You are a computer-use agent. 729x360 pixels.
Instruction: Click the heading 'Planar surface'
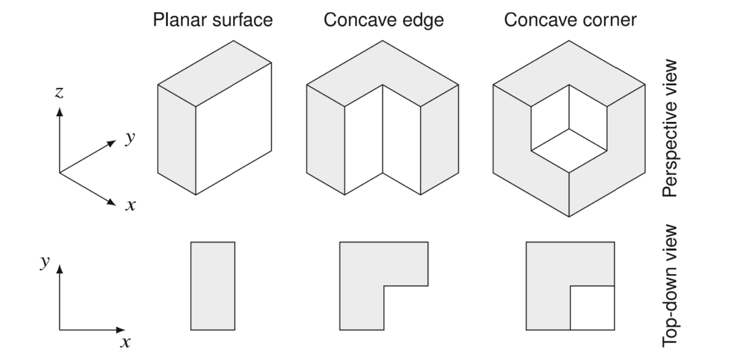coord(213,21)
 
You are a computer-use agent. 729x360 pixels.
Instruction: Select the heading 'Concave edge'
coord(381,21)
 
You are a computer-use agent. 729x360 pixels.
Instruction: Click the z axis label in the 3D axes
coord(59,94)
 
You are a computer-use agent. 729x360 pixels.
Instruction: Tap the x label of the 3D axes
coord(130,205)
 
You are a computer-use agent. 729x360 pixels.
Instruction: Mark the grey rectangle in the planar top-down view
coord(212,286)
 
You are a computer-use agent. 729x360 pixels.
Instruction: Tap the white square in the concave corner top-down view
coord(592,308)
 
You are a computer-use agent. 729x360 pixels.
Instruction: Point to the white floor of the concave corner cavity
coord(569,150)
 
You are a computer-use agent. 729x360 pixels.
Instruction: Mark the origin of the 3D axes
coord(60,173)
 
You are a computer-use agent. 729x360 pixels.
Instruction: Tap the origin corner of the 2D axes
coord(60,330)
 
